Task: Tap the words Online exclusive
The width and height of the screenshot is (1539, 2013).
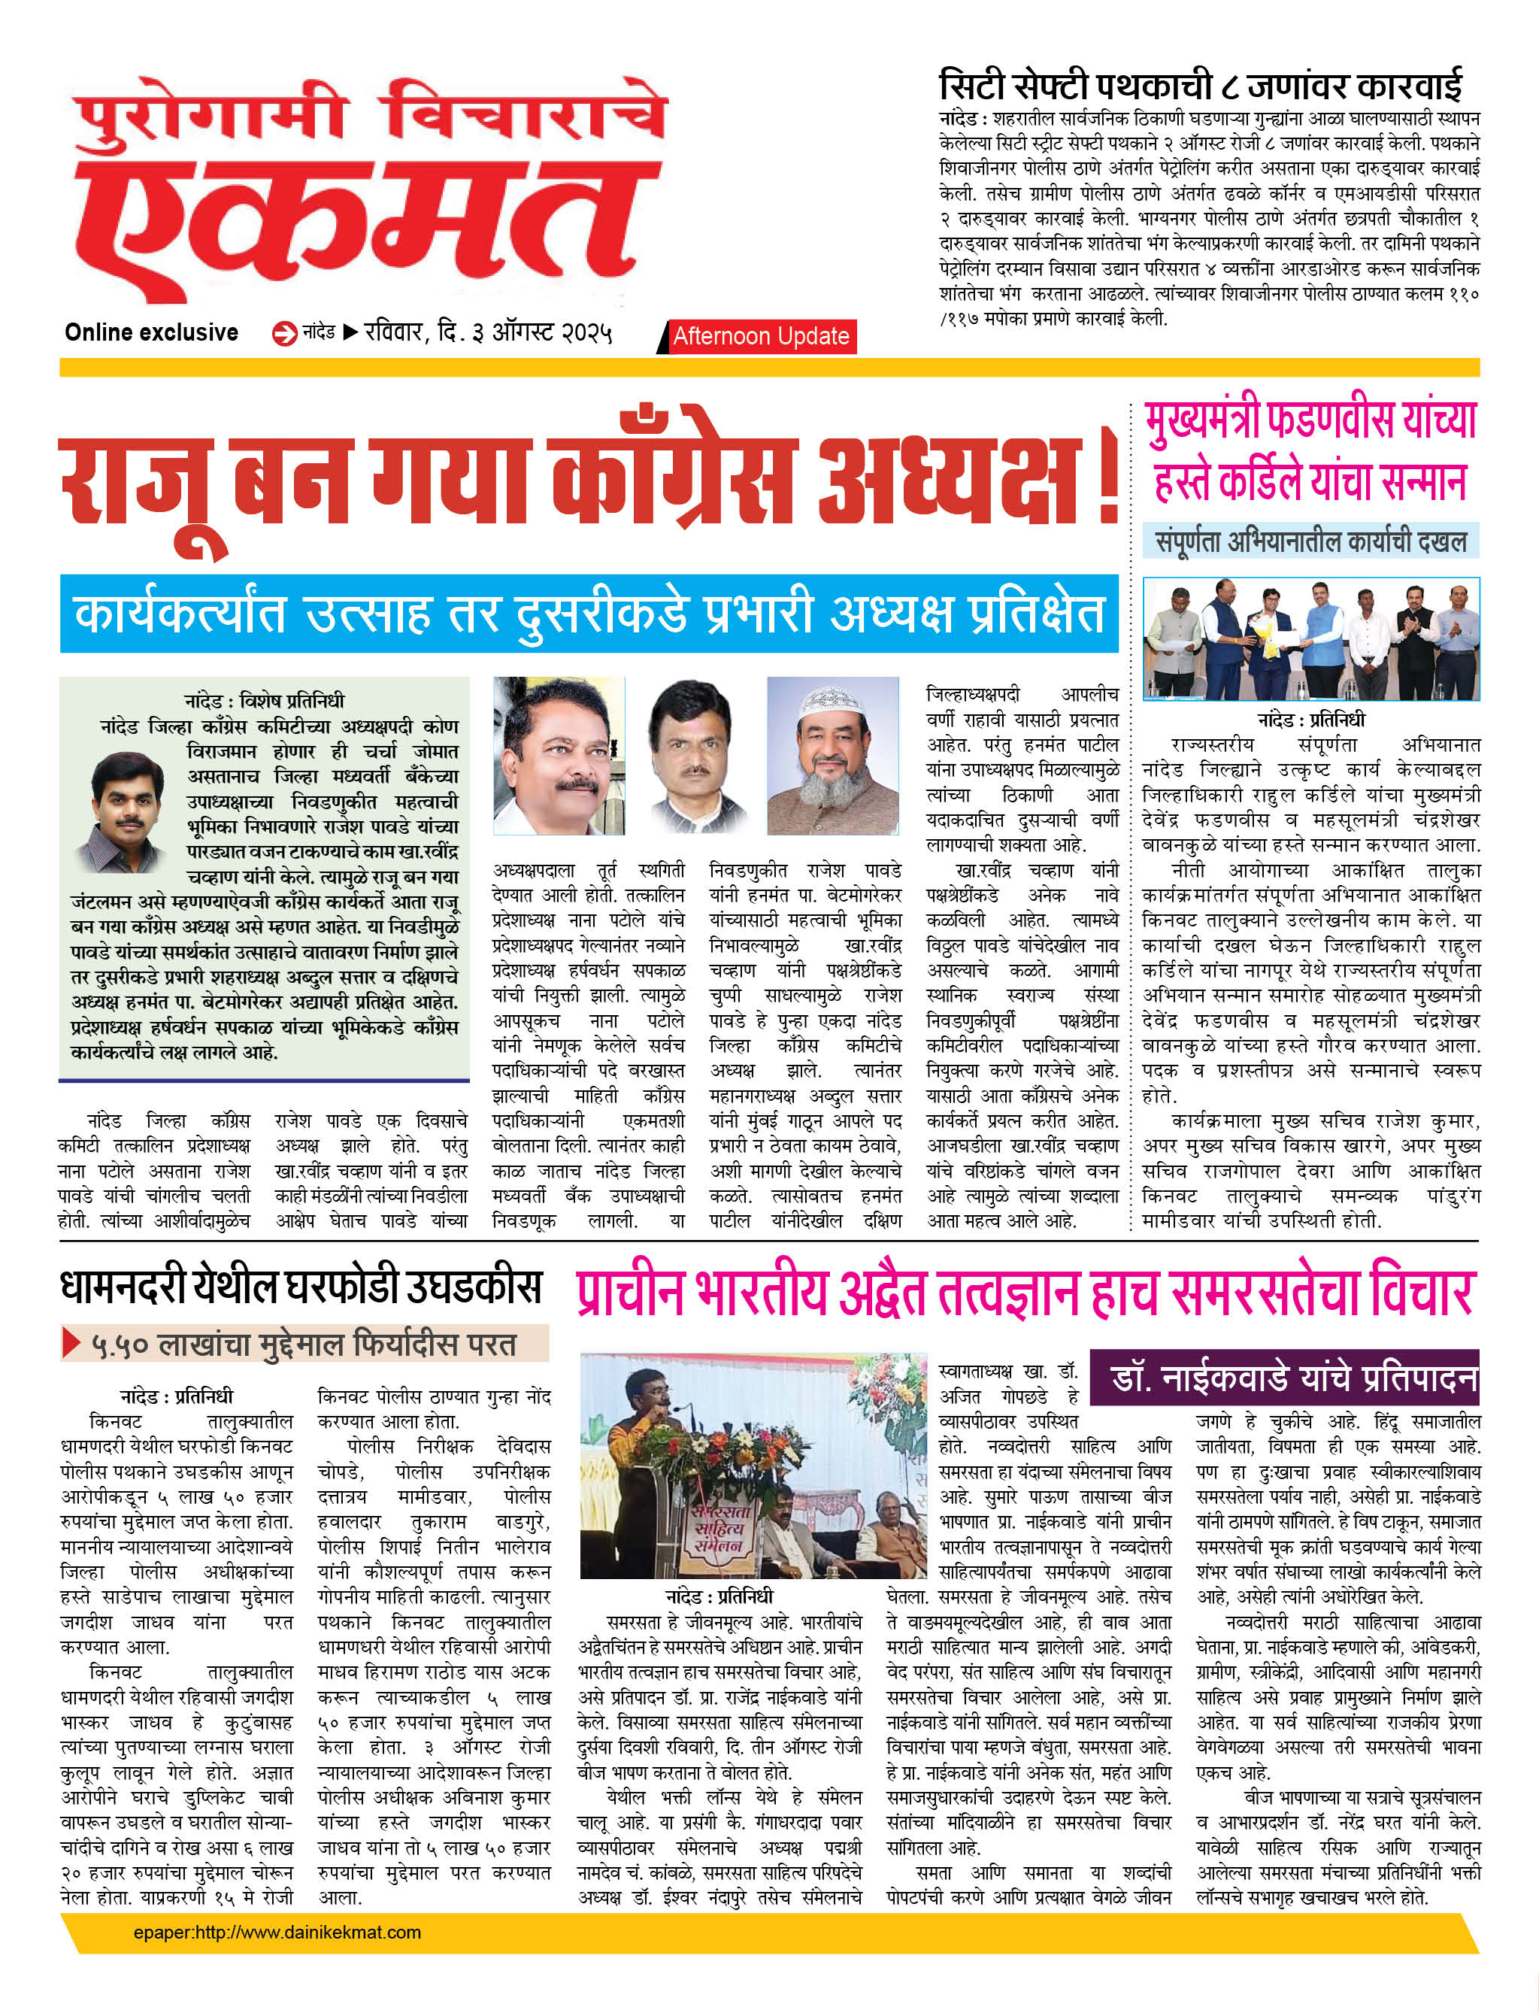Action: click(151, 332)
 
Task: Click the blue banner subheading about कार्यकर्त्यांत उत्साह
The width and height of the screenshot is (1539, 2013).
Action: click(589, 614)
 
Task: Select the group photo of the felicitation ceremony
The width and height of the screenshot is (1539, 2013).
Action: click(1311, 638)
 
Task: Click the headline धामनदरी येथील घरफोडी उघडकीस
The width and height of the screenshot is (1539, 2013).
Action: click(301, 1287)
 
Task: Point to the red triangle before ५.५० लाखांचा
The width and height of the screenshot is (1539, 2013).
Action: click(71, 1343)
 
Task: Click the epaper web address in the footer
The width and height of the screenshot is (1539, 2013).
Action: click(277, 1933)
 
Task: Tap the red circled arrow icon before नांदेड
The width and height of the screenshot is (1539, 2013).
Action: click(284, 334)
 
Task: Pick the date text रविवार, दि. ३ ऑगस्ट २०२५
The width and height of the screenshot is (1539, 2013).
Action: click(487, 332)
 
